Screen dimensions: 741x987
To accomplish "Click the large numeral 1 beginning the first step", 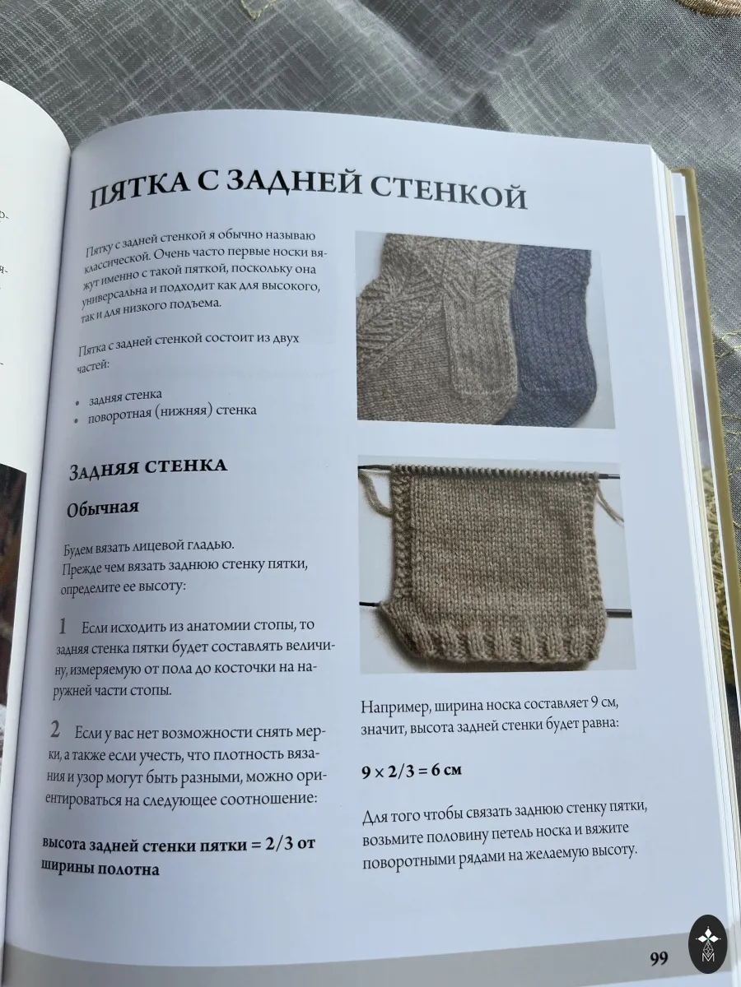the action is pos(63,626).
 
